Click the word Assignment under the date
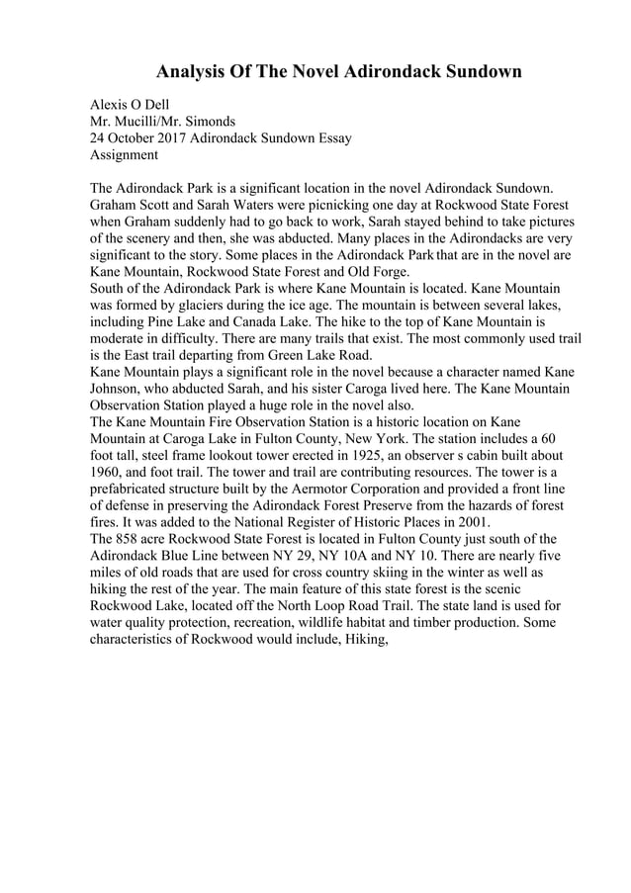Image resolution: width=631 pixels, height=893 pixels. click(x=124, y=154)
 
